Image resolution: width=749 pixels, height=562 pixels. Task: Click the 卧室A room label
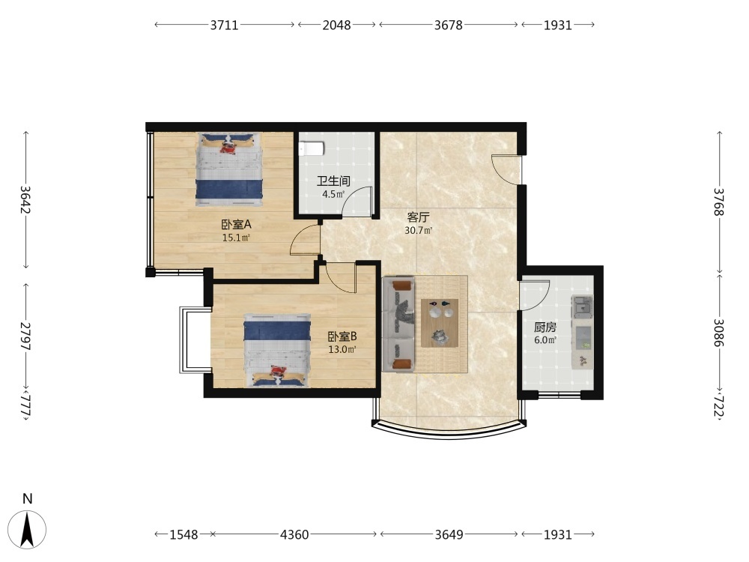[x=236, y=224]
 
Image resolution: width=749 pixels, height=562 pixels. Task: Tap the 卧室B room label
[x=342, y=336]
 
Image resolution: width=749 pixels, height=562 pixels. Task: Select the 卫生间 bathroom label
[x=333, y=181]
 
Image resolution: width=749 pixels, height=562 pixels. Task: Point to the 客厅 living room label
[x=418, y=217]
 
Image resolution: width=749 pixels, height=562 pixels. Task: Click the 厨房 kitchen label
[x=545, y=327]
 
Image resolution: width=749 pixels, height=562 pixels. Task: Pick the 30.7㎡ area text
[x=419, y=230]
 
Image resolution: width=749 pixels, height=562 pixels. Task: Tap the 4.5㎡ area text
[x=333, y=194]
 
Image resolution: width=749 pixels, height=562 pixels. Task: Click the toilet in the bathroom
[x=312, y=148]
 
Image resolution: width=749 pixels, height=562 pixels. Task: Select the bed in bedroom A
[x=229, y=169]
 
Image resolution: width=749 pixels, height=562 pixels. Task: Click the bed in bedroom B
[x=277, y=350]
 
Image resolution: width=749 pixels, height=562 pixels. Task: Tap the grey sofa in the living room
[x=398, y=324]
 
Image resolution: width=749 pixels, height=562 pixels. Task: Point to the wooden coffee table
[x=440, y=322]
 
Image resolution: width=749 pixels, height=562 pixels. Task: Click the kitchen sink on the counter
[x=582, y=306]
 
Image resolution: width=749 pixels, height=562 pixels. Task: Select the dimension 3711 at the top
[x=224, y=25]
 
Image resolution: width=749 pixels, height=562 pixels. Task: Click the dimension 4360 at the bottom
[x=294, y=534]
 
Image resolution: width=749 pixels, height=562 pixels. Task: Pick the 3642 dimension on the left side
[x=25, y=200]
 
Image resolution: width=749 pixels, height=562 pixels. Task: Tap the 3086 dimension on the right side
[x=719, y=333]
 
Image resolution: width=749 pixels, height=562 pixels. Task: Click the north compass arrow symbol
[x=28, y=530]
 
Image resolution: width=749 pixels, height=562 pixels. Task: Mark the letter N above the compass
[x=28, y=498]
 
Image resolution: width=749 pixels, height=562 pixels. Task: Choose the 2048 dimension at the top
[x=336, y=25]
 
